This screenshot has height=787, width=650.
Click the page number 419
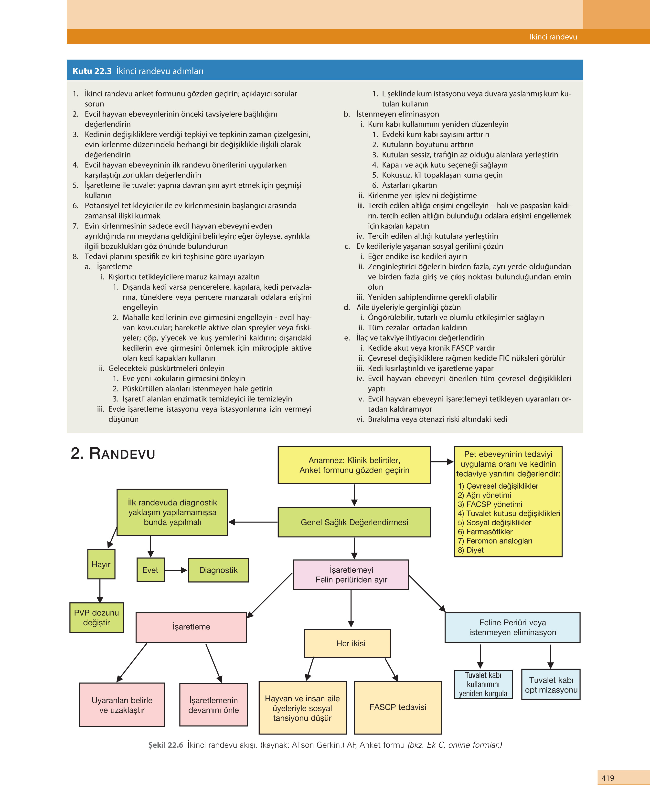pos(608,778)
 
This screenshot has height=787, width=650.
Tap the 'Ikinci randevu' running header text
pos(553,37)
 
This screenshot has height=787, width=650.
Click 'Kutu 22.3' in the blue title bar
pos(92,71)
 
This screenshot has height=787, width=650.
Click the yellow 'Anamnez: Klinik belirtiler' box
pos(354,465)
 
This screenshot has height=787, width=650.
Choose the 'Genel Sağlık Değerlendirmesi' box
pos(354,522)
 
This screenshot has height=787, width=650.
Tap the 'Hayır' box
pos(101,564)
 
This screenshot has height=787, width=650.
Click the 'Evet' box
pos(150,570)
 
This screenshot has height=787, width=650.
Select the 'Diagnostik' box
pos(218,570)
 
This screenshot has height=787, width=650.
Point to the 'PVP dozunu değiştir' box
pos(96,618)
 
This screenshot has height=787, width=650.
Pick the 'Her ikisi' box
pos(347,643)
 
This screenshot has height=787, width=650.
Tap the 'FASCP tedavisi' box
pos(398,707)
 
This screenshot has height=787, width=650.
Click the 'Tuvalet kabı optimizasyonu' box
pos(551,685)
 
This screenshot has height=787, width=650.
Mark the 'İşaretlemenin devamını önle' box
pos(213,705)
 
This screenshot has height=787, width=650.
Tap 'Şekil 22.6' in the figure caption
pos(166,745)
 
